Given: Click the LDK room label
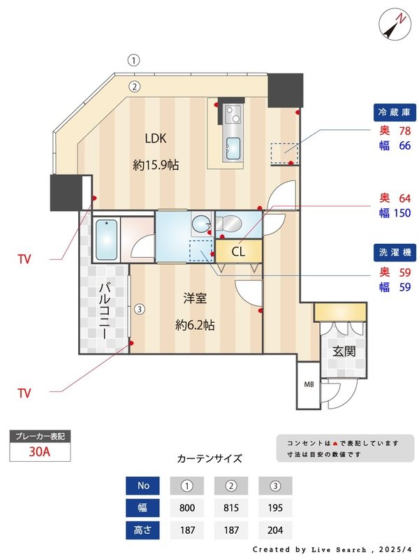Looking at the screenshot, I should tap(155, 138).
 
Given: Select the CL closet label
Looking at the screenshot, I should tap(238, 252).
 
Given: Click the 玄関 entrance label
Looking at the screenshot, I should tap(344, 351).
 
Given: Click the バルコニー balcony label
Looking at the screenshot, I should tap(104, 310).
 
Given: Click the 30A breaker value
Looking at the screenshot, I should tap(40, 451).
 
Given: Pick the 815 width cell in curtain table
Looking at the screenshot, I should tap(233, 508).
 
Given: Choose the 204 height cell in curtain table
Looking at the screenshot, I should tap(275, 530).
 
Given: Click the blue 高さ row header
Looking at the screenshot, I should tap(143, 530).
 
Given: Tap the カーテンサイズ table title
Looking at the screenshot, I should tap(209, 459).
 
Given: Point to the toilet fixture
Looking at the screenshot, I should tap(228, 224).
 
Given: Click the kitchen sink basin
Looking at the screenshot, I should tap(233, 147).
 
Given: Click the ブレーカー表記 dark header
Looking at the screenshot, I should tap(40, 436).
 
